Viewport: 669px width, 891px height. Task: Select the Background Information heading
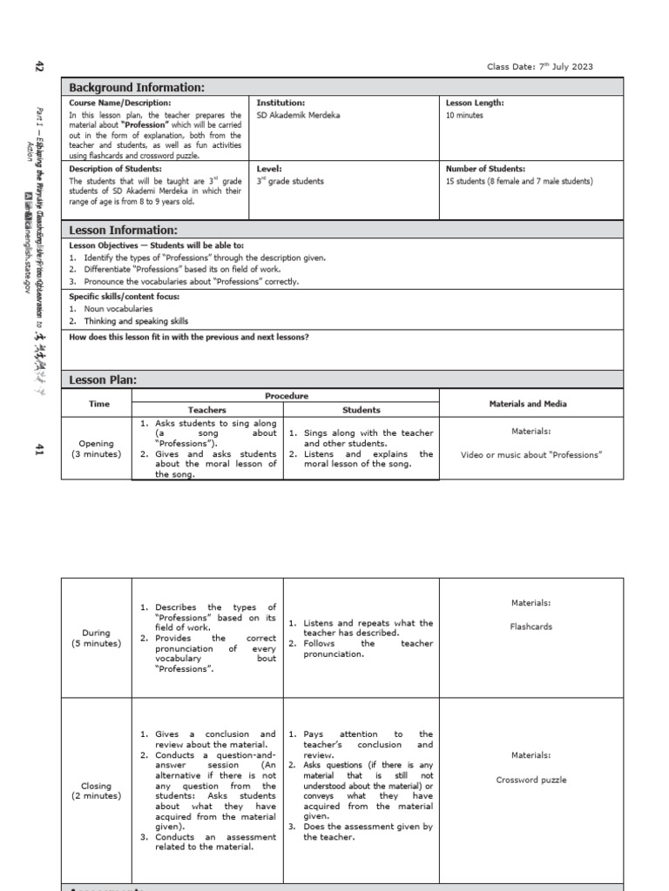tap(137, 87)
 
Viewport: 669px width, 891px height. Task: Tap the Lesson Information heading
tap(123, 230)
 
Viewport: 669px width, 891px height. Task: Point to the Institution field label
tap(280, 103)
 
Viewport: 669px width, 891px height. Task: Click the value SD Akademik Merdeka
tap(298, 115)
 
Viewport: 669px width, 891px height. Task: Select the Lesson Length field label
tap(475, 103)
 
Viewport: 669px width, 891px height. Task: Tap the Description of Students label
tap(115, 169)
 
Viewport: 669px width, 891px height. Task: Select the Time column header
tap(99, 404)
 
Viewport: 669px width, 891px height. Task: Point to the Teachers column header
tap(207, 410)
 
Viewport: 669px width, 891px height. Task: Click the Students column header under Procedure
tap(361, 410)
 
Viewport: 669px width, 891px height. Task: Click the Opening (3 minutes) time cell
tap(96, 448)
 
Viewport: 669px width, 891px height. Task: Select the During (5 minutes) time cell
tap(96, 638)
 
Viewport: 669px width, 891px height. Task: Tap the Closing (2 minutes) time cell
tap(96, 790)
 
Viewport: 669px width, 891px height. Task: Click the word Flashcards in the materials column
tap(531, 626)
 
